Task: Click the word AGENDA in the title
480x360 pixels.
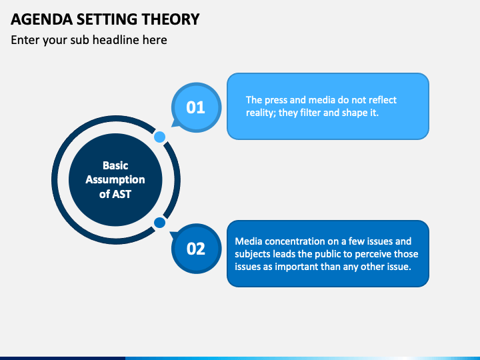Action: [x=42, y=19]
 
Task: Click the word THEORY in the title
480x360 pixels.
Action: [x=171, y=19]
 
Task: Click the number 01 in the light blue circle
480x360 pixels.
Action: [x=195, y=107]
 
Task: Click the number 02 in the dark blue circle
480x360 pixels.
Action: [x=195, y=249]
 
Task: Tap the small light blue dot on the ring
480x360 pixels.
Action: [x=159, y=137]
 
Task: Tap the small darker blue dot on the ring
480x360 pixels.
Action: [x=159, y=223]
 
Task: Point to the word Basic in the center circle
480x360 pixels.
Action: [x=115, y=165]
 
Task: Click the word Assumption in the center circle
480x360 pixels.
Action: [x=115, y=180]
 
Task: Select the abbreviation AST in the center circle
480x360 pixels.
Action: [x=122, y=194]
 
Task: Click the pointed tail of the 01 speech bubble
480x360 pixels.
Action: [x=172, y=126]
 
